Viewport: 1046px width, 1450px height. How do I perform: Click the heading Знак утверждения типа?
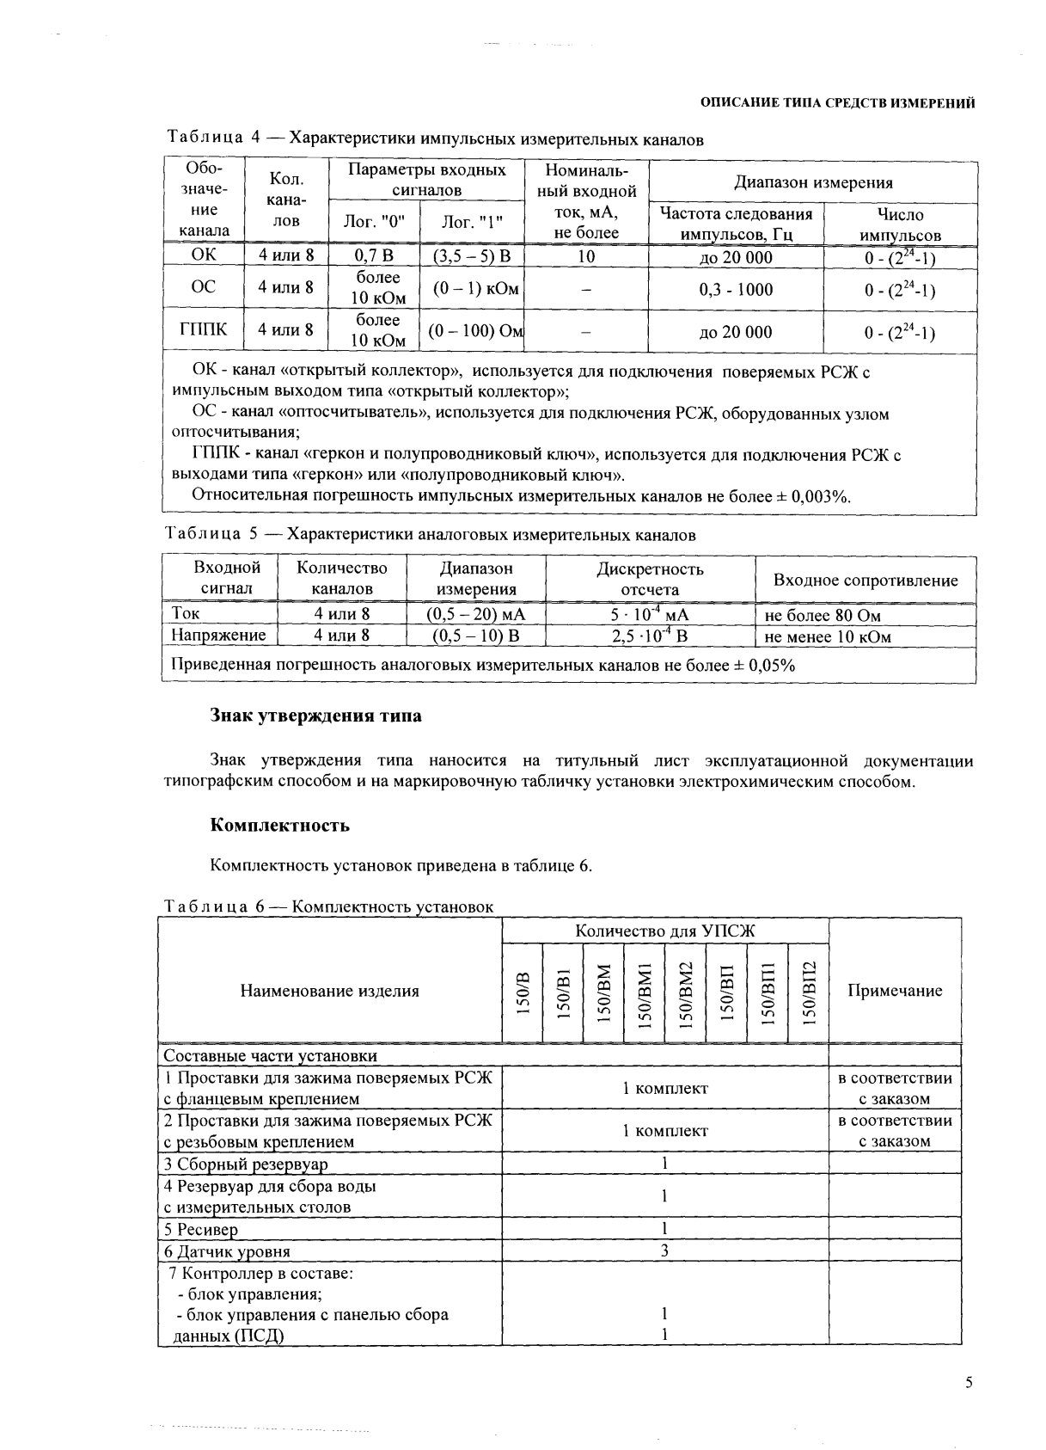pyautogui.click(x=315, y=716)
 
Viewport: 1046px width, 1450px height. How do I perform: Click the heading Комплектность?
pyautogui.click(x=280, y=826)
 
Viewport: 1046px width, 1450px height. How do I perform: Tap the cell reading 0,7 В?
pyautogui.click(x=373, y=256)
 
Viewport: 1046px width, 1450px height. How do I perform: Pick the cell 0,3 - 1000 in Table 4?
pyautogui.click(x=736, y=290)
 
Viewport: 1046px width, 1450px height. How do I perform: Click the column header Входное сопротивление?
pyautogui.click(x=865, y=581)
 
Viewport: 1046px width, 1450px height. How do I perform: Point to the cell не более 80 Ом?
pyautogui.click(x=822, y=615)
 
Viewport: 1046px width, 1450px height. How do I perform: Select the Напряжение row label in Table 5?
pyautogui.click(x=218, y=636)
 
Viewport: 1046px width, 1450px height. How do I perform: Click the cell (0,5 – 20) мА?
pyautogui.click(x=475, y=615)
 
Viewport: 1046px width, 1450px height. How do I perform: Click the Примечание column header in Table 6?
pyautogui.click(x=894, y=991)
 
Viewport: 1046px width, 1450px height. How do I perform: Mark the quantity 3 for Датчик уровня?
pyautogui.click(x=664, y=1250)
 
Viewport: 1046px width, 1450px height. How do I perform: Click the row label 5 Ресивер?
pyautogui.click(x=201, y=1230)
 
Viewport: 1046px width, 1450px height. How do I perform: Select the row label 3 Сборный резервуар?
pyautogui.click(x=246, y=1164)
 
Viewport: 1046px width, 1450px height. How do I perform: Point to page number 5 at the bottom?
pyautogui.click(x=969, y=1383)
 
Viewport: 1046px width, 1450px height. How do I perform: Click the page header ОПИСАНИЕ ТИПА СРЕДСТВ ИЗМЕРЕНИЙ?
pyautogui.click(x=837, y=103)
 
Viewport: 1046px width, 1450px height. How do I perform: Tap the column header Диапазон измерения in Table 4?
pyautogui.click(x=812, y=182)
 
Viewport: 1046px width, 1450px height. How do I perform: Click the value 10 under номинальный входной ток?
pyautogui.click(x=585, y=256)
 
